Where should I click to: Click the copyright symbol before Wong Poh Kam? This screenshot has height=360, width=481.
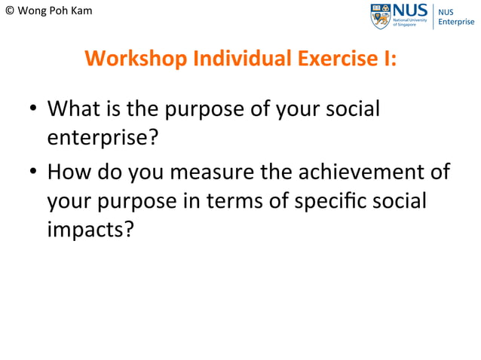(9, 11)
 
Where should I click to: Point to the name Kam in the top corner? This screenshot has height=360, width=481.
(81, 11)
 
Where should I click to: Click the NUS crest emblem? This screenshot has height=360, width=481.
(380, 16)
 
